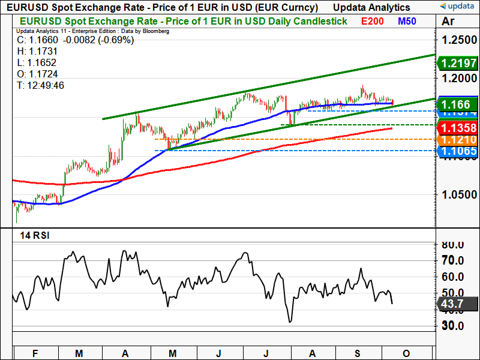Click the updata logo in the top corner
tap(458, 7)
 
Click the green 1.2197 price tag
tap(458, 63)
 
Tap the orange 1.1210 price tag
tap(458, 140)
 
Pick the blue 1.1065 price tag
tap(458, 151)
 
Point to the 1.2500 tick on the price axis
tap(458, 40)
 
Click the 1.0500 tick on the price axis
tap(458, 195)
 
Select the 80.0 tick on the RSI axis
tap(453, 245)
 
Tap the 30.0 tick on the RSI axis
tap(453, 326)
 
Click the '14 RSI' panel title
tap(35, 235)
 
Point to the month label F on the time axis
tap(34, 353)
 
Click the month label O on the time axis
tap(406, 353)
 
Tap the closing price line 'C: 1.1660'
tap(76, 40)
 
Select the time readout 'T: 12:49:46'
tap(41, 86)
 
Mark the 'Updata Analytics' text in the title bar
tap(372, 7)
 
